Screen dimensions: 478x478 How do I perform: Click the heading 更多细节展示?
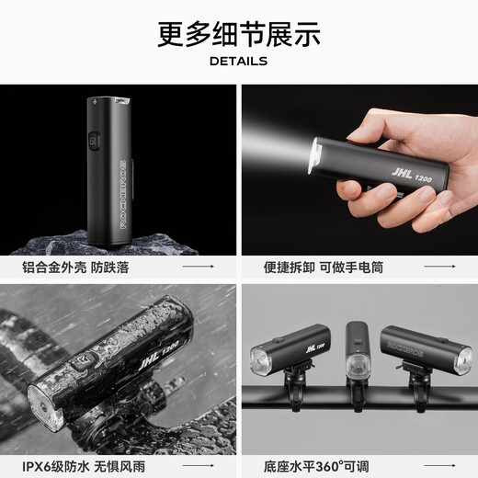point(238,34)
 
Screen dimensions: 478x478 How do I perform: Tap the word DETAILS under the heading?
point(238,62)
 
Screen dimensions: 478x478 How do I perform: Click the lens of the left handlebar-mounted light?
point(260,361)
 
